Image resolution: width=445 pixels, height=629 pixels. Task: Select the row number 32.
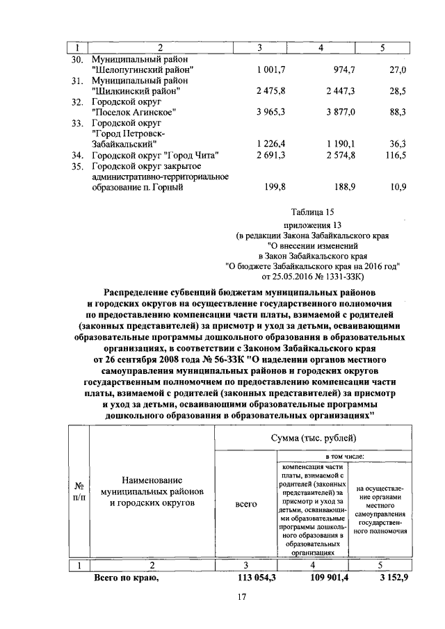point(77,101)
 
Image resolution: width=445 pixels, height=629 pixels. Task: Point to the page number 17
point(241,597)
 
